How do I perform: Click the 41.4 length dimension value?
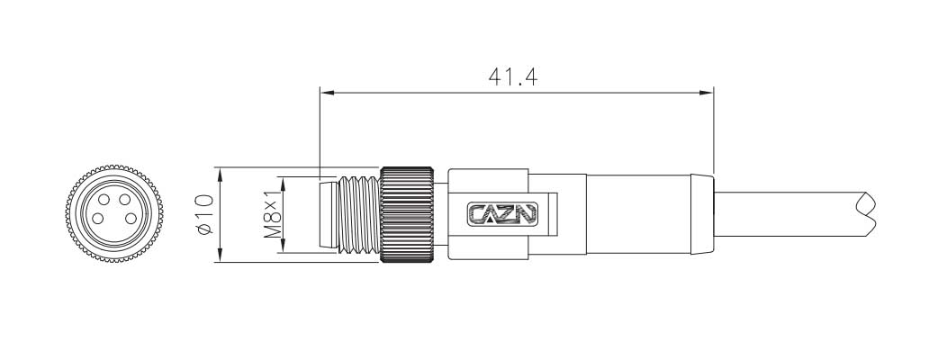click(513, 76)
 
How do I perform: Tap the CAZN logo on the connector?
click(502, 214)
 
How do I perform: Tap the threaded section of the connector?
click(360, 214)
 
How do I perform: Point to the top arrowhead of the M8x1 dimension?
click(283, 181)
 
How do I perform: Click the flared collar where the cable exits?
click(700, 214)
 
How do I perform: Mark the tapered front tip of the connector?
click(327, 214)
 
